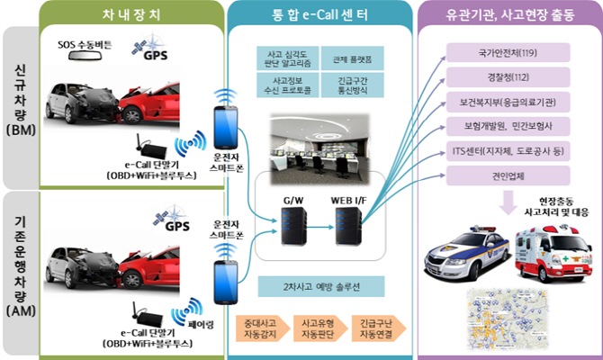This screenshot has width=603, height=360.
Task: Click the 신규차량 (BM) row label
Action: (20, 99)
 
